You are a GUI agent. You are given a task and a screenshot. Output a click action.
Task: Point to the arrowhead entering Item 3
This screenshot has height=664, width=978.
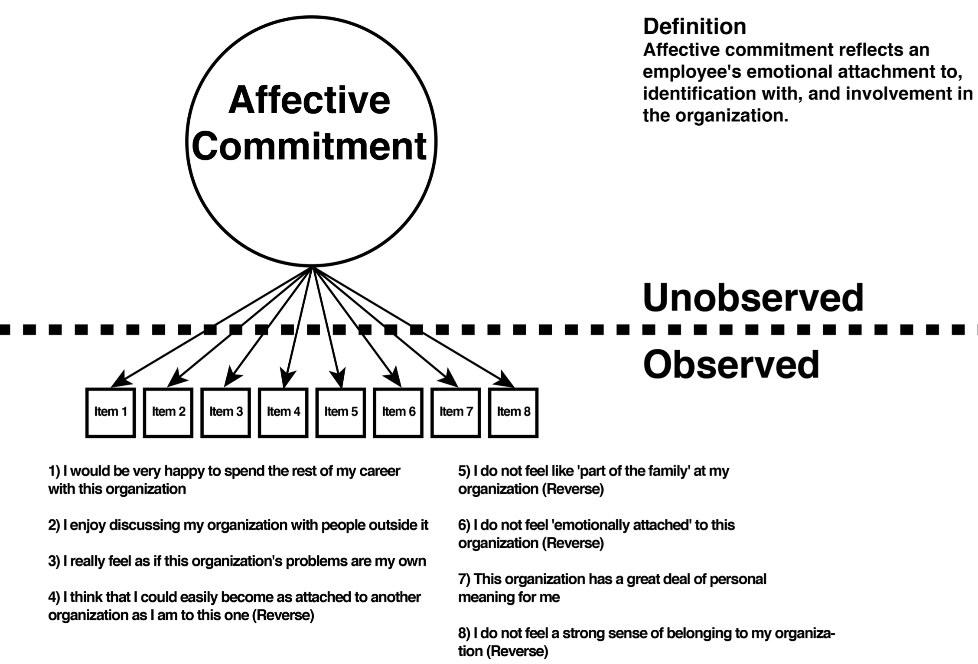click(232, 378)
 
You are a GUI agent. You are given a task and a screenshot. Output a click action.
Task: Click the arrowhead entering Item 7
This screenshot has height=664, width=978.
click(449, 378)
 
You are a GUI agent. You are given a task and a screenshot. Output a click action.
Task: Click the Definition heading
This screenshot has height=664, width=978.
click(694, 26)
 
